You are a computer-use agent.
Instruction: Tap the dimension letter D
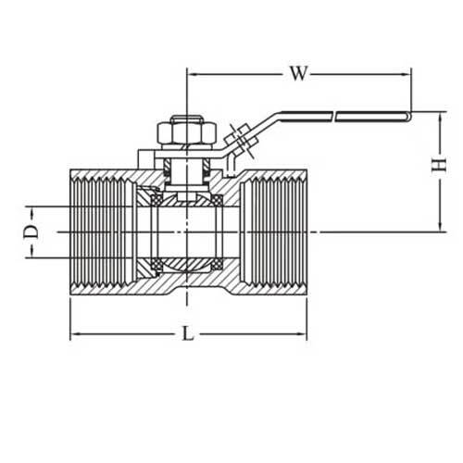30,230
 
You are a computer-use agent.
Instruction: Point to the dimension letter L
188,335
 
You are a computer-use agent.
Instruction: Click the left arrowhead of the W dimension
192,72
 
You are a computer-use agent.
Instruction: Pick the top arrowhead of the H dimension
438,117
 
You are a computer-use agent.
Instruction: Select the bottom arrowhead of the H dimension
438,226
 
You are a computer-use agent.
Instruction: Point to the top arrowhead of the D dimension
34,209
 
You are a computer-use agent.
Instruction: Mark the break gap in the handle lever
334,116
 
